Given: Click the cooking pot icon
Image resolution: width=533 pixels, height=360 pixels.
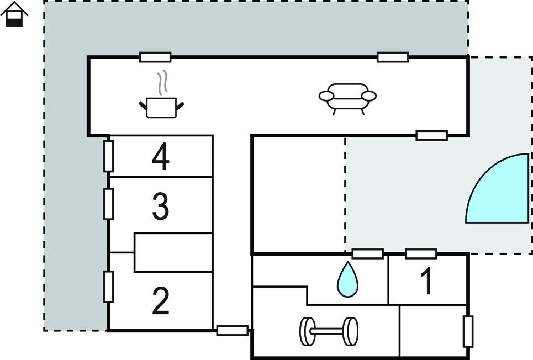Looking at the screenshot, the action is [161, 108].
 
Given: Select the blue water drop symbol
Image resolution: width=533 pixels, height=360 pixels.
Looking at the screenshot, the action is [347, 279].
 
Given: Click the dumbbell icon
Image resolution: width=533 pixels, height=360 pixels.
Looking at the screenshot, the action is [329, 331].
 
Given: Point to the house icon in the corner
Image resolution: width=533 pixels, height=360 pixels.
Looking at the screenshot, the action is [14, 14].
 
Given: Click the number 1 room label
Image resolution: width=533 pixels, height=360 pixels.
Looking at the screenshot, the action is [426, 281].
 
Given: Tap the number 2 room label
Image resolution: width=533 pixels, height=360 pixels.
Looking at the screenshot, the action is [160, 301].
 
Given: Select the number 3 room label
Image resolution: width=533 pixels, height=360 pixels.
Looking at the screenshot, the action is [160, 207].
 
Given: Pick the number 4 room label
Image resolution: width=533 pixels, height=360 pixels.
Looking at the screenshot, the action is [160, 157].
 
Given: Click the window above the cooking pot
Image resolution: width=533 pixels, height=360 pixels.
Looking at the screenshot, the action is [155, 57].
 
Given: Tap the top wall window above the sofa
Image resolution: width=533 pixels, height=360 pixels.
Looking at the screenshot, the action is [393, 57].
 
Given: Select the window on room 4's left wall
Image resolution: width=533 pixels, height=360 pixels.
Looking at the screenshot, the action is [108, 156].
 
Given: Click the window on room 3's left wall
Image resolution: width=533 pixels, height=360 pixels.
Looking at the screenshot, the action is [108, 204].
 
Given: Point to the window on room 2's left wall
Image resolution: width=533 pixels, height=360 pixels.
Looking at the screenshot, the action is [108, 287].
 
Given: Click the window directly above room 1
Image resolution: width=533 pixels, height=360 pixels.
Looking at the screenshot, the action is [421, 254].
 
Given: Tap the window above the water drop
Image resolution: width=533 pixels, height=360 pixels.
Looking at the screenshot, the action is [368, 254].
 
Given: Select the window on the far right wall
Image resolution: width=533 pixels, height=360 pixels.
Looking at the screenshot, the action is [468, 331].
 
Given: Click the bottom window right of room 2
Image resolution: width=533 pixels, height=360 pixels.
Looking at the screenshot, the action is [232, 330].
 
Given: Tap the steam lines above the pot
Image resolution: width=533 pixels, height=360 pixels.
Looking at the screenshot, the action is [162, 82].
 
